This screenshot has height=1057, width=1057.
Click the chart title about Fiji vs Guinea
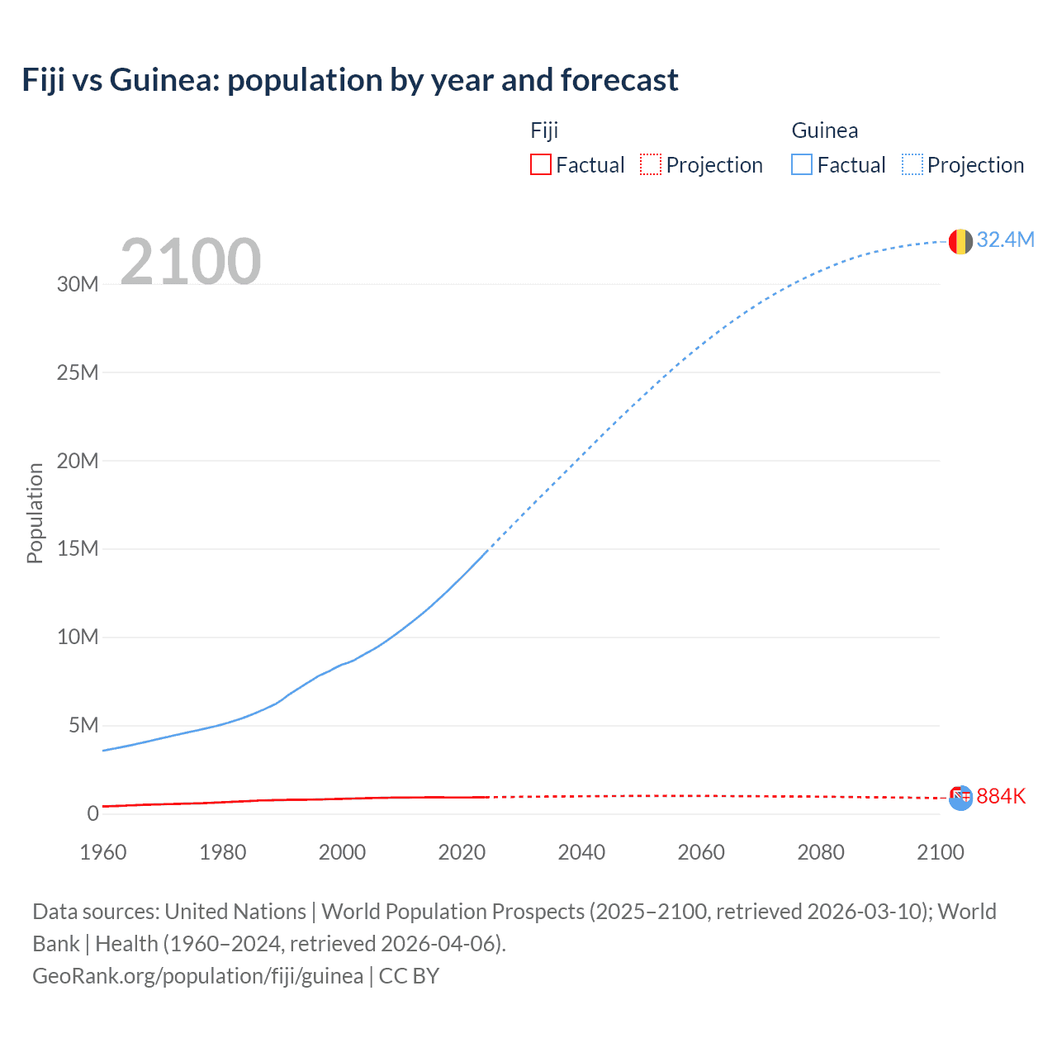coord(350,80)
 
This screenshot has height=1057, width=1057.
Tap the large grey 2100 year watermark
coord(191,262)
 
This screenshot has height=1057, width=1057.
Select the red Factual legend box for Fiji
coord(541,164)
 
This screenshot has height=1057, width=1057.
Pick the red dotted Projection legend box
coord(651,164)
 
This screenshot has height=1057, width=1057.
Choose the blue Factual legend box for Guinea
coord(802,164)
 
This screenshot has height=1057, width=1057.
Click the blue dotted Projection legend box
coord(912,164)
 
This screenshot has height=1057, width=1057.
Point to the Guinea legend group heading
coord(824,130)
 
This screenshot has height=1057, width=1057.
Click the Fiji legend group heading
coord(544,130)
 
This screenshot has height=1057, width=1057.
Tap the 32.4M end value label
coord(1005,239)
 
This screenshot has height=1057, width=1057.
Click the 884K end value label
coord(1001,796)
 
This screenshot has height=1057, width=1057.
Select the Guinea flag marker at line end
coord(960,242)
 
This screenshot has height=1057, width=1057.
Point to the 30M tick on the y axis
coord(78,284)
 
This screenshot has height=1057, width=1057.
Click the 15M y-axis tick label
coord(78,548)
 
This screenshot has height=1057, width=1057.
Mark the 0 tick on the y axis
coord(92,813)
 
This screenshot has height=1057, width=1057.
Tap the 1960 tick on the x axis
coord(103,852)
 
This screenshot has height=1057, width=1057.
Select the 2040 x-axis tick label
coord(581,852)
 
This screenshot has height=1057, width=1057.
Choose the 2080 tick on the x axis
coord(821,852)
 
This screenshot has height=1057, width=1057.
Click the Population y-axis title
coord(35,513)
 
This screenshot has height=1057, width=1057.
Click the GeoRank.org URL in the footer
coord(197,976)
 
